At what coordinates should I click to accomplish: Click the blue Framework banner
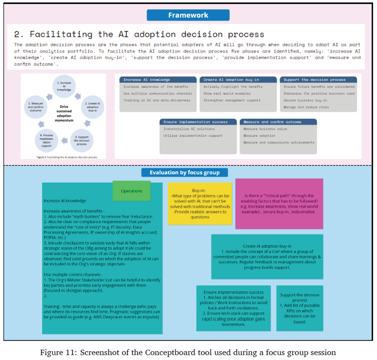click(x=188, y=15)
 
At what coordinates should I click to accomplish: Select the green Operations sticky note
click(x=131, y=191)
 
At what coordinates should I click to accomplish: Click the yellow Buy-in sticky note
click(x=200, y=203)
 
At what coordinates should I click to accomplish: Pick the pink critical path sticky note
click(x=279, y=204)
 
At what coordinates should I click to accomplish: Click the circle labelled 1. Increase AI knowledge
click(x=64, y=86)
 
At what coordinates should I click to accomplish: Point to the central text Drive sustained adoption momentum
click(x=63, y=113)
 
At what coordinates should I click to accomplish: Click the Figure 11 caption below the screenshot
click(x=188, y=352)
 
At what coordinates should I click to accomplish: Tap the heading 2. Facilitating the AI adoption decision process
click(x=139, y=34)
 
